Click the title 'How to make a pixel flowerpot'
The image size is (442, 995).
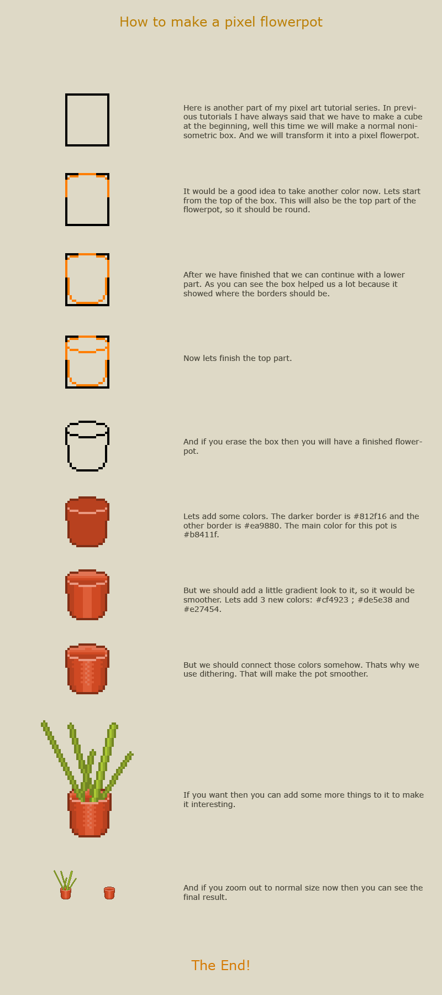221,22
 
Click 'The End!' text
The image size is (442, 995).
221,965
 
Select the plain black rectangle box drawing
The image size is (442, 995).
87,120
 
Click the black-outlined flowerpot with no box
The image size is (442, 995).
87,446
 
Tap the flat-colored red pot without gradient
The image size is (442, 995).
87,522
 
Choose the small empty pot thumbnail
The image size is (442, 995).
109,893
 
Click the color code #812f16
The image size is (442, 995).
373,516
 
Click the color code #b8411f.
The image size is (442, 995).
201,535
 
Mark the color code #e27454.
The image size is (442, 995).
202,609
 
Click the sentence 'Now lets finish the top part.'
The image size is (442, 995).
238,358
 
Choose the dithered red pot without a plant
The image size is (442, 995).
87,669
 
